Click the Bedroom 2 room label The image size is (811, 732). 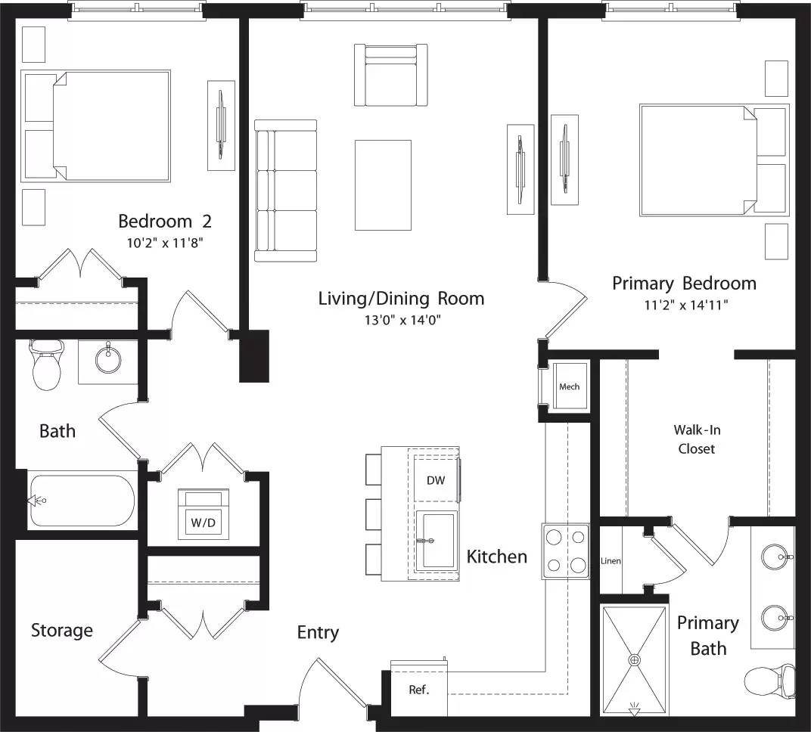(164, 222)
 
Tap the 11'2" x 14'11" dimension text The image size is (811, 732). (683, 306)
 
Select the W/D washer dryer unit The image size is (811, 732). (200, 515)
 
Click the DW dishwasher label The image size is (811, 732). (435, 480)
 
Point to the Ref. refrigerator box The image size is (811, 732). (418, 690)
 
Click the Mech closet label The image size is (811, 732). (569, 386)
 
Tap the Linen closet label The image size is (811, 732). (611, 561)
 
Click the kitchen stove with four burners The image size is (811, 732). (565, 551)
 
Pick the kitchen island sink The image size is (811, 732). (436, 541)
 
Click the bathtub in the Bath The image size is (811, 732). (82, 501)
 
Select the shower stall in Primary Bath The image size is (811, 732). (634, 659)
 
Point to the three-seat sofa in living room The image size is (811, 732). (285, 191)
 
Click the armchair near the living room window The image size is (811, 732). (390, 75)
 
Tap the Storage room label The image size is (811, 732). (62, 630)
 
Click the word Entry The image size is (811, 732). (318, 632)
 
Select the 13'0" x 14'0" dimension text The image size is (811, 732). (401, 320)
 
